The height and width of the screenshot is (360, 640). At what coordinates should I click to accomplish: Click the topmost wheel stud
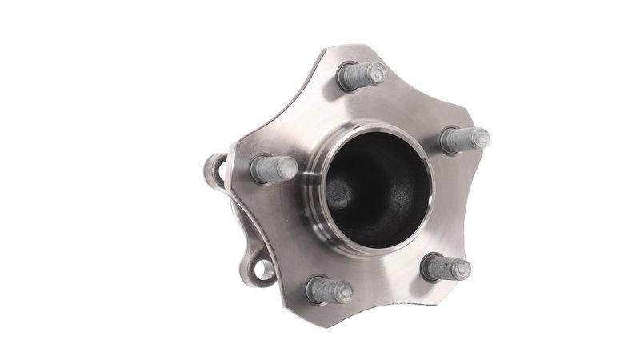pyautogui.click(x=361, y=75)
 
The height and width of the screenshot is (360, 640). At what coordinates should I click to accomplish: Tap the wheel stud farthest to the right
pyautogui.click(x=465, y=140)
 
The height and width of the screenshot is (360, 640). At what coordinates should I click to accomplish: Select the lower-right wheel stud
pyautogui.click(x=445, y=267)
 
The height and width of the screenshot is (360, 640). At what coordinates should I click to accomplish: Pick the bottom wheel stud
pyautogui.click(x=329, y=290)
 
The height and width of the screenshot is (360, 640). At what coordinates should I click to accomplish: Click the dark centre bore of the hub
pyautogui.click(x=376, y=188)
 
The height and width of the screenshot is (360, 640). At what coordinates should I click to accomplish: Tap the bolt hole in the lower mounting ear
pyautogui.click(x=263, y=271)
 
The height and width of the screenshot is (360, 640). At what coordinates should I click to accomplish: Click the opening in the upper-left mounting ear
pyautogui.click(x=214, y=170)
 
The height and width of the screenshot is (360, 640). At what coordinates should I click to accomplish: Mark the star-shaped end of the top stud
pyautogui.click(x=377, y=73)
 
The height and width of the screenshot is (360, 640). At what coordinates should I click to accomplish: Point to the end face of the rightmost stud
pyautogui.click(x=480, y=138)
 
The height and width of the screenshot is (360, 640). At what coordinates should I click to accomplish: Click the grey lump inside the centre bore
pyautogui.click(x=339, y=192)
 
